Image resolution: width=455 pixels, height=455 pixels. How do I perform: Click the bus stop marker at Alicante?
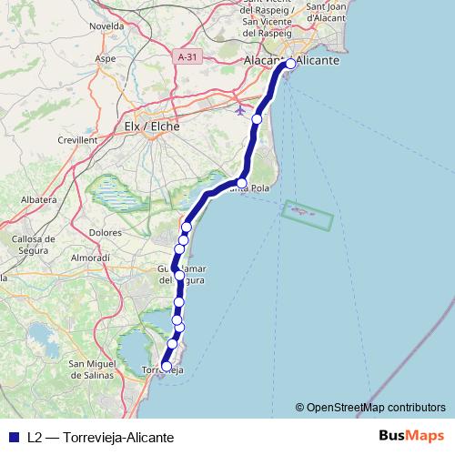[x=290, y=64]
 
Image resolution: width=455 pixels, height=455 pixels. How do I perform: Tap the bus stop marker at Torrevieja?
[x=166, y=366]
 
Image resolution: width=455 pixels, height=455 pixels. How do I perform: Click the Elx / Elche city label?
[x=151, y=127]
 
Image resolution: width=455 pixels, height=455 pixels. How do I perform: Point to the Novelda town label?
[x=106, y=26]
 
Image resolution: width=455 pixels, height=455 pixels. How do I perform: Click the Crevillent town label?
[x=76, y=140]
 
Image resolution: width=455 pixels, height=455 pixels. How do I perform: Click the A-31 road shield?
[x=187, y=56]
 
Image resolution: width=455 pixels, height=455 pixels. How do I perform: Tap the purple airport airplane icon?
[x=240, y=110]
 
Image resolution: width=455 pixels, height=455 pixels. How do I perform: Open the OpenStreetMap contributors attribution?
[x=376, y=408]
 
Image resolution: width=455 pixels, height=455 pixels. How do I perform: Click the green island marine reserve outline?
[x=308, y=216]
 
